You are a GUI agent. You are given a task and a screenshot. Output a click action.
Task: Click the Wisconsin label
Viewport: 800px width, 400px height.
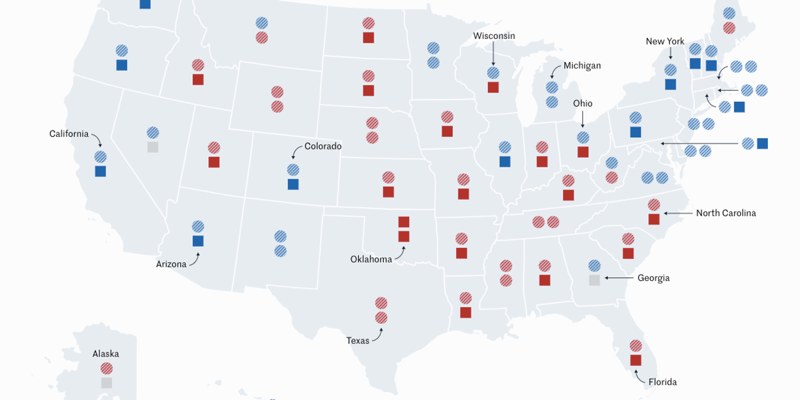click(x=494, y=36)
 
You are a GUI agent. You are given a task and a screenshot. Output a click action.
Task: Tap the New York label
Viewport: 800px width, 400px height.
click(x=665, y=42)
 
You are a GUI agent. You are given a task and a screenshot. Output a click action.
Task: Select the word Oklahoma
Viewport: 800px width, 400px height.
click(x=371, y=259)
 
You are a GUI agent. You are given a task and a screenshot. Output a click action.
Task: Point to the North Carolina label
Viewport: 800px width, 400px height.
click(x=726, y=213)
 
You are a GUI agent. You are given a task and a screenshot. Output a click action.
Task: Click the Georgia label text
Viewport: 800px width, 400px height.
click(x=653, y=278)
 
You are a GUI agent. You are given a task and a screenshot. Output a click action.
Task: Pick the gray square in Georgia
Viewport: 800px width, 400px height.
click(x=594, y=280)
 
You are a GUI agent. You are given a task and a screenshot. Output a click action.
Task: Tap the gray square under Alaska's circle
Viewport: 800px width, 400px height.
click(x=107, y=383)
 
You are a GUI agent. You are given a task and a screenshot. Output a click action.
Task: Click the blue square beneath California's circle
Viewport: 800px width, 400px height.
click(x=101, y=171)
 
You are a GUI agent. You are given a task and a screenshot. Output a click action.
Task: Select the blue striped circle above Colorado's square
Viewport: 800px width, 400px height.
click(x=293, y=170)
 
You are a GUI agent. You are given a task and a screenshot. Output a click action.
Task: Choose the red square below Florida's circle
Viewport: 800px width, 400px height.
click(x=636, y=360)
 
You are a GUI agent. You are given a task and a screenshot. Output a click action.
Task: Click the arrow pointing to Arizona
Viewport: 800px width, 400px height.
click(x=194, y=259)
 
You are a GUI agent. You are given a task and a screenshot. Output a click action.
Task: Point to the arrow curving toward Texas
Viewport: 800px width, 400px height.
click(x=378, y=335)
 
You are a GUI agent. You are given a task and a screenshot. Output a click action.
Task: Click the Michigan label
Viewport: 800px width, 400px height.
click(x=582, y=66)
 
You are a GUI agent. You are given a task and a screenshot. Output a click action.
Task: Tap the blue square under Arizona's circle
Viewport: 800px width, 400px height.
click(x=198, y=241)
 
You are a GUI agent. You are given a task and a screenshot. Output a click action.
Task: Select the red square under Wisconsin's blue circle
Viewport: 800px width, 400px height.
click(x=493, y=87)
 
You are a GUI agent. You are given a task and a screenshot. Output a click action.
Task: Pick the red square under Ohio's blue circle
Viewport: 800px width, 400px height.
click(x=583, y=152)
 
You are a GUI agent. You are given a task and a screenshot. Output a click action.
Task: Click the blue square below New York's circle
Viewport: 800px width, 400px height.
click(x=671, y=84)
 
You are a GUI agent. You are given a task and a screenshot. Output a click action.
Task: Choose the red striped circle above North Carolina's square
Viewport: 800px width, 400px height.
click(x=654, y=205)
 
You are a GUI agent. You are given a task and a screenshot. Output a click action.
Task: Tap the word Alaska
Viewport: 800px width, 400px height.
click(x=106, y=354)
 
